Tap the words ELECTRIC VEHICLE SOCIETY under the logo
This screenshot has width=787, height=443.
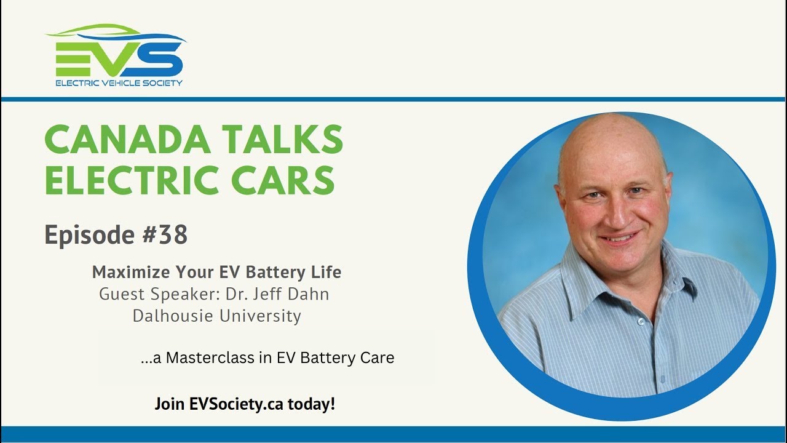119,82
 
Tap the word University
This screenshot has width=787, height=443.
263,316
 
